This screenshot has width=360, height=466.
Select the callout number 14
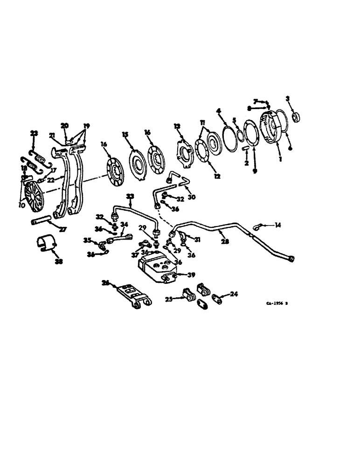click(278, 226)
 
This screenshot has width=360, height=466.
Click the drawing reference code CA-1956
click(277, 302)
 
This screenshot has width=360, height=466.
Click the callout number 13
click(177, 127)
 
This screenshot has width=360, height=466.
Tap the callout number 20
click(64, 125)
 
